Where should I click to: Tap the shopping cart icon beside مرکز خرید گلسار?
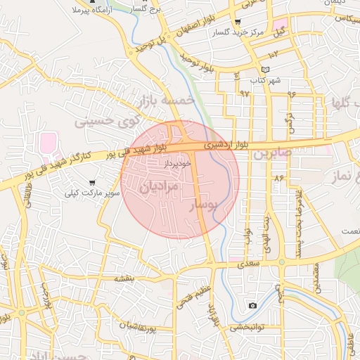click(238, 22)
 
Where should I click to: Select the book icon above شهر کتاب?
click(265, 70)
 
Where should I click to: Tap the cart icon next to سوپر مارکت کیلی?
click(92, 183)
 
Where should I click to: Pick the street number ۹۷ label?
click(244, 93)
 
